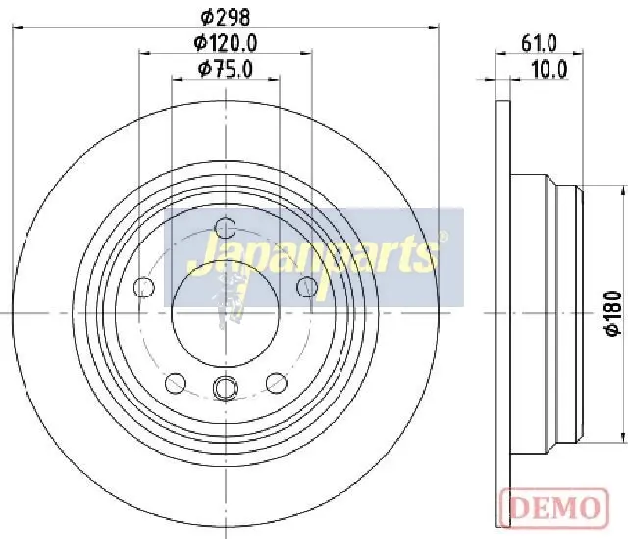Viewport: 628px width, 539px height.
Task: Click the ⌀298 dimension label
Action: pos(225,17)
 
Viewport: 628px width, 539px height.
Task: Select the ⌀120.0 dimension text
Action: pos(225,43)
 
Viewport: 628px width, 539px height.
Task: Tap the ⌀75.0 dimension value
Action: pos(226,69)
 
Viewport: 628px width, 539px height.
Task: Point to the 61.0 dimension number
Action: pos(539,43)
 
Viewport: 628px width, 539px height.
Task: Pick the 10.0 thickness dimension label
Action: pos(549,70)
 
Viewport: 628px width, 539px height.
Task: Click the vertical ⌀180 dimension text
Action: pos(613,314)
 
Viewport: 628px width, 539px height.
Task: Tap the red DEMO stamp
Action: pos(554,508)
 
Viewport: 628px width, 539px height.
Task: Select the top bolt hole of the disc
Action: pos(225,228)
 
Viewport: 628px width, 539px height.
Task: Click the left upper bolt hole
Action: pos(144,287)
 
